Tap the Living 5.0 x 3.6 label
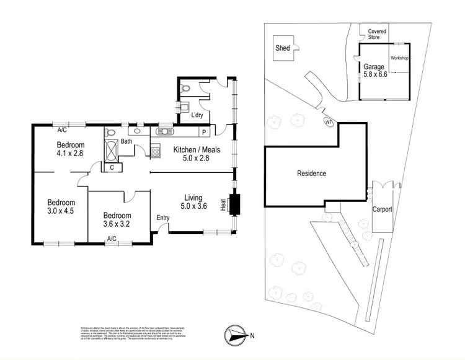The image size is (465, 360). [x=194, y=201]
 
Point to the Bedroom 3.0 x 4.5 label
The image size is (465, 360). [x=61, y=207]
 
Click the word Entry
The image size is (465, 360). [x=163, y=217]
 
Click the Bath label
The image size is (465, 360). [x=126, y=142]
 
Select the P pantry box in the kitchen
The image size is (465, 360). [x=203, y=131]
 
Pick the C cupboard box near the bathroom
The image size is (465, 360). [x=112, y=167]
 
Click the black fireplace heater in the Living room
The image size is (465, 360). [x=234, y=204]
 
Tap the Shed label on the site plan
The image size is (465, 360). [x=283, y=48]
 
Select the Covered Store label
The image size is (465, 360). [x=377, y=33]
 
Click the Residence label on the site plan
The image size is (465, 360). [x=310, y=173]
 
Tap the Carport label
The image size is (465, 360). [x=382, y=209]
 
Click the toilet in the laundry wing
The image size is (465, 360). [x=185, y=89]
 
